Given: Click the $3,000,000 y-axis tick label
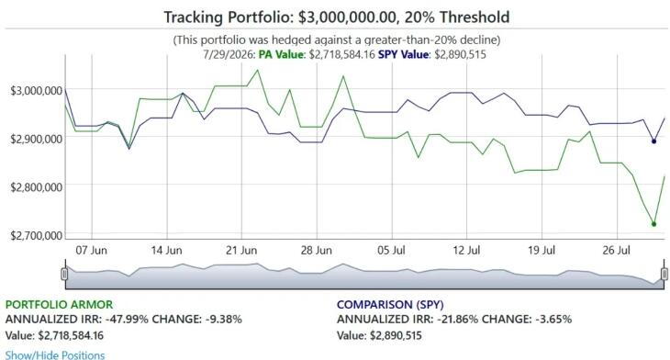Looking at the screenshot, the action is click(37, 91).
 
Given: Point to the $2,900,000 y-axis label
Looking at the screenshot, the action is click(37, 139).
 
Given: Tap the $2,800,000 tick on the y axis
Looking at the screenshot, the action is click(37, 186).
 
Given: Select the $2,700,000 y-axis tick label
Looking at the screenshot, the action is click(37, 236).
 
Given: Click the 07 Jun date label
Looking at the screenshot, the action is click(92, 250).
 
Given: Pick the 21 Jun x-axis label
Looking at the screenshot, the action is click(241, 250).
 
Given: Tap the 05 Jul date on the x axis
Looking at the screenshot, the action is click(391, 250).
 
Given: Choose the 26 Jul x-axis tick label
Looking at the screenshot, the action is click(616, 250).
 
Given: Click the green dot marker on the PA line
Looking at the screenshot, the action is click(653, 224).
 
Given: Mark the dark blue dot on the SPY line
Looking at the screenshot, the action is click(653, 141).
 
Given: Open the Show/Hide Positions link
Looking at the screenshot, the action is click(55, 355).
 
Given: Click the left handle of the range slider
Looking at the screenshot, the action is click(64, 274).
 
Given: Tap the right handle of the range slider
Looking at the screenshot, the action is click(664, 274).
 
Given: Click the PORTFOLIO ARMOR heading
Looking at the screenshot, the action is click(59, 305).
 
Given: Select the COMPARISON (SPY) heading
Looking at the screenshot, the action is click(390, 305).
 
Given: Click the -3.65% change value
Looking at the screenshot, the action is click(553, 320).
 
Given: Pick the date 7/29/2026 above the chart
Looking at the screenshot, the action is click(229, 55).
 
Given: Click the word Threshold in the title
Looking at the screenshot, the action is click(475, 17).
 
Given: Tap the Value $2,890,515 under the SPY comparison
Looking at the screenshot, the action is click(379, 335).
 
